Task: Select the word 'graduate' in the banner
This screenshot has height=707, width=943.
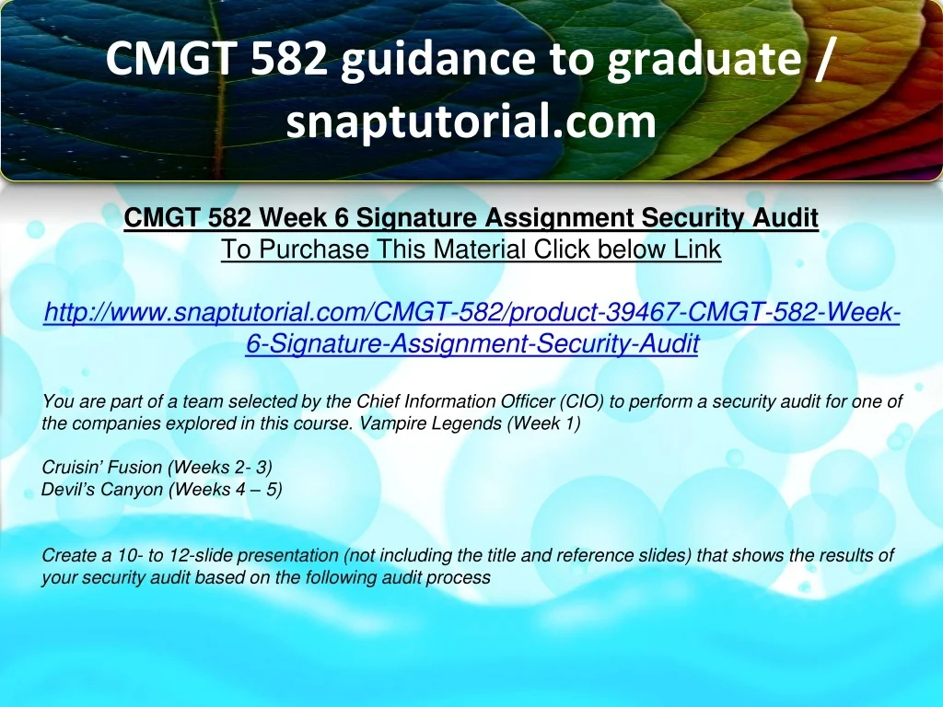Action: click(x=704, y=60)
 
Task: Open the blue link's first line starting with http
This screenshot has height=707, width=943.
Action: click(x=471, y=312)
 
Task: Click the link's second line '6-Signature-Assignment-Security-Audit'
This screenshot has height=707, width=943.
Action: click(x=472, y=344)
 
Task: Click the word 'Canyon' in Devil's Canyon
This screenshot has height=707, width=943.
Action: click(x=132, y=490)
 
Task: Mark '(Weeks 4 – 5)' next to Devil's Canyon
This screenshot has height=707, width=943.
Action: click(x=226, y=490)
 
